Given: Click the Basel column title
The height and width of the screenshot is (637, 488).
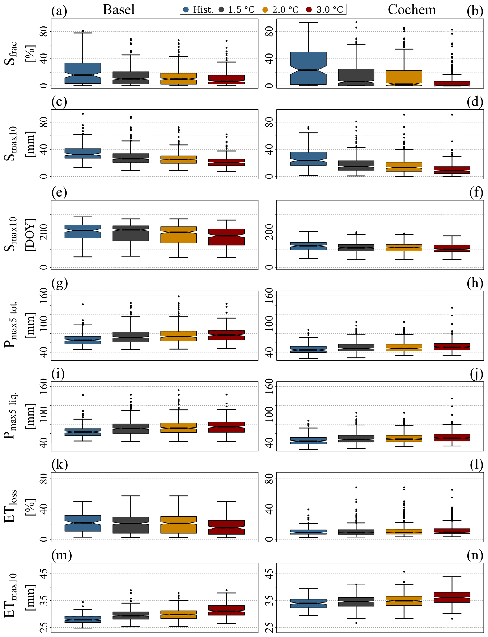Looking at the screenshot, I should coord(119,10).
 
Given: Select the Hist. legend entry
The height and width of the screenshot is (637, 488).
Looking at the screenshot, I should coord(199,10).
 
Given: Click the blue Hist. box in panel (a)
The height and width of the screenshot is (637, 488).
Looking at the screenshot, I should coord(83,73).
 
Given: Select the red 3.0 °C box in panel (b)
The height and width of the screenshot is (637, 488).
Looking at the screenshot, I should coord(452,83).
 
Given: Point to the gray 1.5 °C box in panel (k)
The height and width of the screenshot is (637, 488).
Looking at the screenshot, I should coord(131,525).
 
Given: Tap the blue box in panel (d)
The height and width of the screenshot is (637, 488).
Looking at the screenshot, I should coord(308,159).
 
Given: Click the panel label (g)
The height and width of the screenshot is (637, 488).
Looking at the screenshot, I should coord(59,283).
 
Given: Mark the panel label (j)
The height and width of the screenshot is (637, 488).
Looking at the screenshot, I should coord(476,374).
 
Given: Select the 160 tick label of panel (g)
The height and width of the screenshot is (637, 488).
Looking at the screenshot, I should coord(44,296).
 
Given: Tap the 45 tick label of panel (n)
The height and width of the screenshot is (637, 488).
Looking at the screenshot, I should coord(269,574).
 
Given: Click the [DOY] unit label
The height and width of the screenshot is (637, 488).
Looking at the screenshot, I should coord(30,235).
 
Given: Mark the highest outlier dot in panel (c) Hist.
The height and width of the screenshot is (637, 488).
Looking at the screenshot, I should coord(83,114).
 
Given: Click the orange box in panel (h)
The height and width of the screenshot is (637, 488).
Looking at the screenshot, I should coord(404,347).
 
